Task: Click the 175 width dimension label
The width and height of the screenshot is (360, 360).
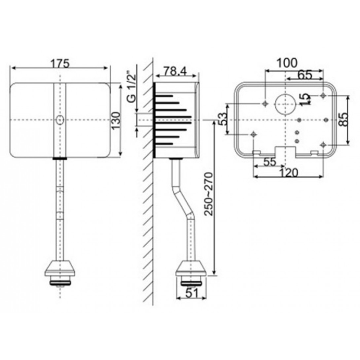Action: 60,62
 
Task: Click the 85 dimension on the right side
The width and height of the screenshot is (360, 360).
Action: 341,120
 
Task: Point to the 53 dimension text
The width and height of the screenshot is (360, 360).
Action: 223,120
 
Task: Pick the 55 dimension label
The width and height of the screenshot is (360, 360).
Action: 269,162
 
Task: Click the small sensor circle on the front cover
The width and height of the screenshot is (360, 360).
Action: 59,120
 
